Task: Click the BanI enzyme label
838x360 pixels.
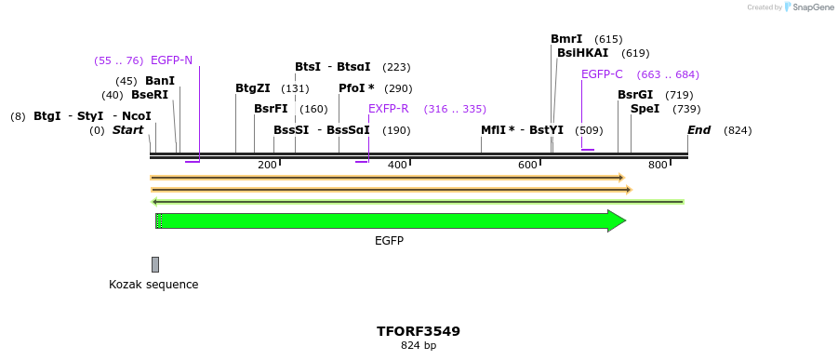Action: (x=159, y=81)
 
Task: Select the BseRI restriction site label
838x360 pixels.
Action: (x=149, y=95)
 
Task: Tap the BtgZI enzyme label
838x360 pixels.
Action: (x=253, y=88)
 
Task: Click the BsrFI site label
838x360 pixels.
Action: (x=271, y=109)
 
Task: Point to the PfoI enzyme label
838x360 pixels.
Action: (x=356, y=88)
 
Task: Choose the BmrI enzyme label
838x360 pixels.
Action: (x=566, y=39)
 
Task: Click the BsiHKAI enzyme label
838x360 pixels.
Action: (x=582, y=53)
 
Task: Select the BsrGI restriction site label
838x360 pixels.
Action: (x=635, y=95)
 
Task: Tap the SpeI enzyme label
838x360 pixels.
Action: (x=645, y=109)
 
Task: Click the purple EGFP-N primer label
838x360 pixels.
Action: (x=171, y=60)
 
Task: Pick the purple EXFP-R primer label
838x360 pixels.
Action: (x=388, y=109)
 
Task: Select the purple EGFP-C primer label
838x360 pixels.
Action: (x=602, y=74)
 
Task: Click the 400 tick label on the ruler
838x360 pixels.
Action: (x=398, y=166)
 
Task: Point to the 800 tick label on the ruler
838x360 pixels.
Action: (x=658, y=166)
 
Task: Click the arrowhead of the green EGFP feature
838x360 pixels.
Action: (x=617, y=220)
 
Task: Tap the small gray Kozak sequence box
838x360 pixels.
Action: (x=155, y=264)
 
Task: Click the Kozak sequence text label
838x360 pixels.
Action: (x=153, y=285)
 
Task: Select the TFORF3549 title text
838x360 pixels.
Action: (x=419, y=331)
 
